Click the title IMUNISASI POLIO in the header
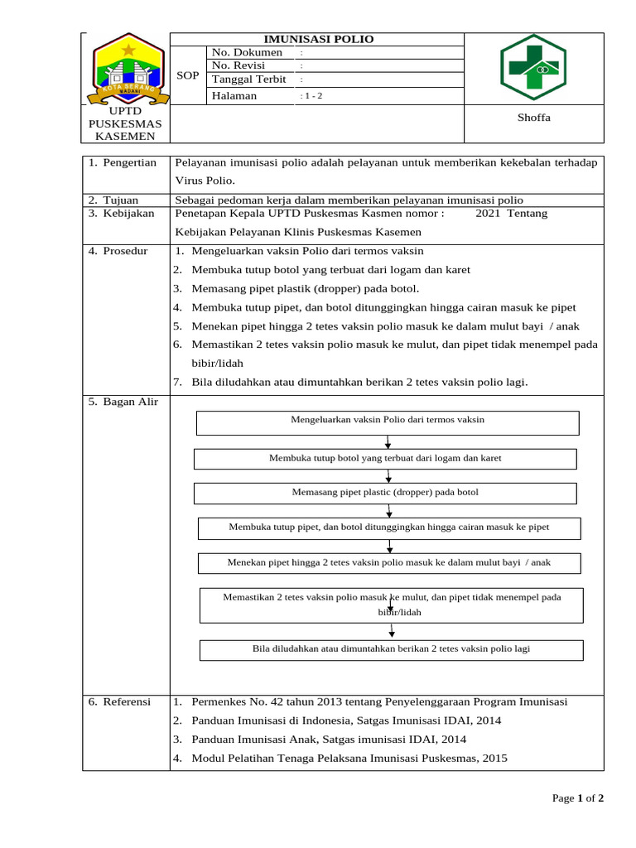[x=318, y=39]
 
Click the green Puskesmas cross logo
[x=533, y=68]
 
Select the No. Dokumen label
[x=247, y=52]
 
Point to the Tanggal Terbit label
[x=249, y=79]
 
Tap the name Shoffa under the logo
[x=533, y=118]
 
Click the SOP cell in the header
[x=188, y=75]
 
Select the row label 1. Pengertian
[x=123, y=162]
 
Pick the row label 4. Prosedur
[x=118, y=250]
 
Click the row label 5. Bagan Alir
[x=123, y=402]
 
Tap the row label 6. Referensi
[x=120, y=701]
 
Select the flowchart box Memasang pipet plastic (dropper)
[x=385, y=493]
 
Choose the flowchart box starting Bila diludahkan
[x=391, y=649]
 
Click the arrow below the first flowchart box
[x=388, y=442]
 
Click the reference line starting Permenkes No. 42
[x=378, y=701]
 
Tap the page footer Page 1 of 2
[x=578, y=798]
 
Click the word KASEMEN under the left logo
[x=125, y=136]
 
